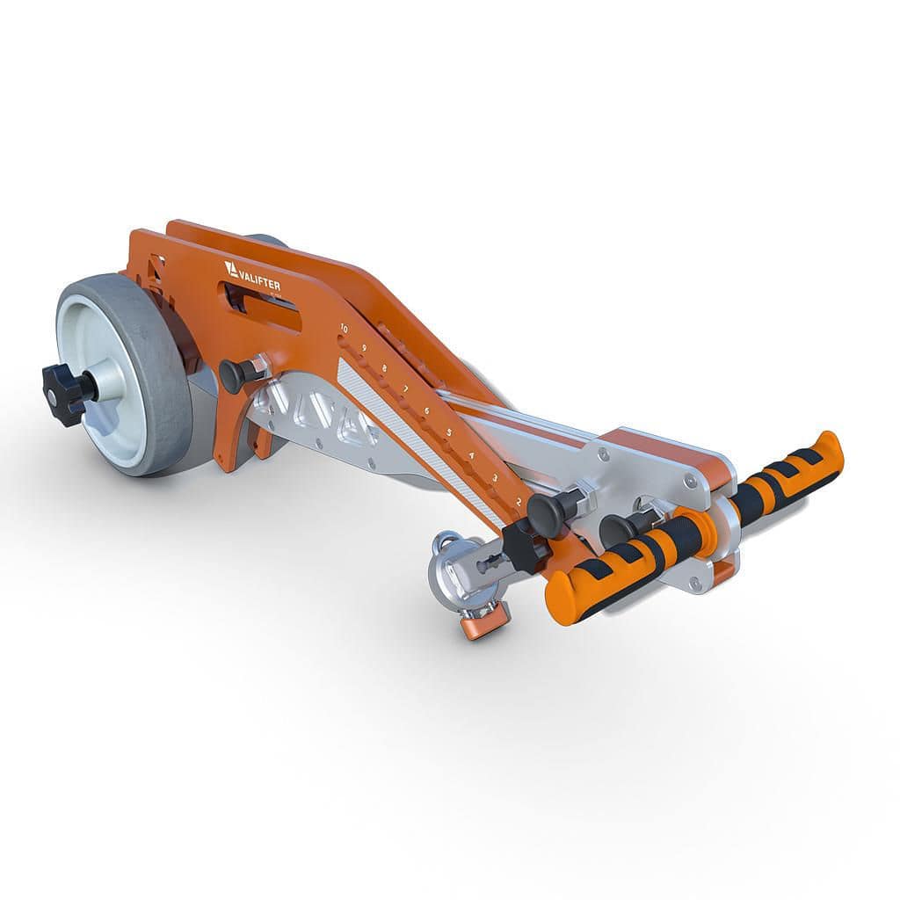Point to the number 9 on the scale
click(364, 348)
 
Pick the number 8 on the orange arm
click(385, 368)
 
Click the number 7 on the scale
click(405, 388)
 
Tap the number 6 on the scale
click(426, 410)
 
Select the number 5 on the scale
click(448, 432)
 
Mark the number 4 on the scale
click(471, 454)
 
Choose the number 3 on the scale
click(494, 477)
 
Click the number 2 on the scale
click(519, 501)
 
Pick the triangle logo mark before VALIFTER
click(231, 267)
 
